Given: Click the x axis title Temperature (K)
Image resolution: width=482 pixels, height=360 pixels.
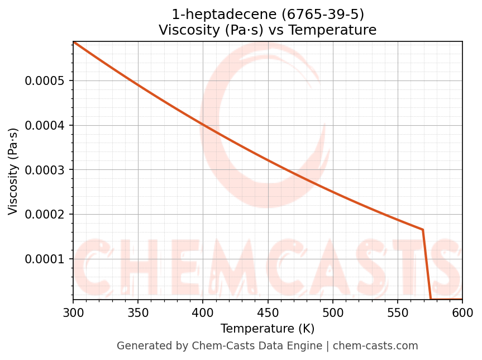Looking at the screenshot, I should pyautogui.click(x=268, y=329).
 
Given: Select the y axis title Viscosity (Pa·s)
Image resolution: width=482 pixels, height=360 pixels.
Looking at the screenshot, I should pyautogui.click(x=13, y=171).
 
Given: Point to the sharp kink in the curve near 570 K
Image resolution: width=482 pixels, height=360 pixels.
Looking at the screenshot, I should pyautogui.click(x=423, y=230).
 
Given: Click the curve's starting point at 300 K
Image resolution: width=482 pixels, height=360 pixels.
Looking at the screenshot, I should pyautogui.click(x=74, y=42).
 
